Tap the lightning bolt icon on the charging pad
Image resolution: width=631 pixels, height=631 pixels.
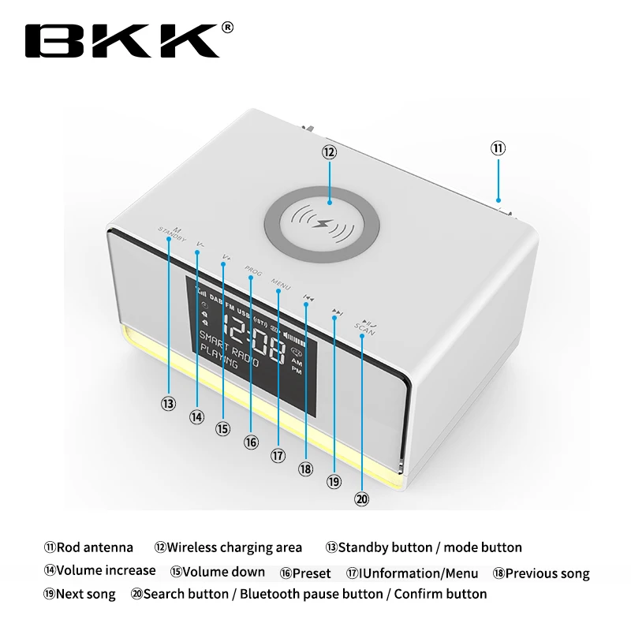pyautogui.click(x=323, y=222)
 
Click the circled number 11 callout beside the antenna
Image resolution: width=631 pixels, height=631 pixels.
pyautogui.click(x=498, y=148)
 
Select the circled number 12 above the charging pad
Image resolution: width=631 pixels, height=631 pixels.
pyautogui.click(x=328, y=152)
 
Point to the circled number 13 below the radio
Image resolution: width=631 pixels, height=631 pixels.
pyautogui.click(x=168, y=403)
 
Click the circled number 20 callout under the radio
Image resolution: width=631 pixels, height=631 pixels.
pyautogui.click(x=361, y=498)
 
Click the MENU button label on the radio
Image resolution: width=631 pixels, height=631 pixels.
pyautogui.click(x=281, y=282)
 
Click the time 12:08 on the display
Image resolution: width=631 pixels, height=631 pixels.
pyautogui.click(x=252, y=335)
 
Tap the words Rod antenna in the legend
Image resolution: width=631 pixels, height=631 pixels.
pyautogui.click(x=95, y=547)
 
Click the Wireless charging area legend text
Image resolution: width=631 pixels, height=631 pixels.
pyautogui.click(x=234, y=547)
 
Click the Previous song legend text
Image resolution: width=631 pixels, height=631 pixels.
pyautogui.click(x=547, y=573)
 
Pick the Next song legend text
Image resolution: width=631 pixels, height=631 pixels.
pyautogui.click(x=86, y=594)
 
